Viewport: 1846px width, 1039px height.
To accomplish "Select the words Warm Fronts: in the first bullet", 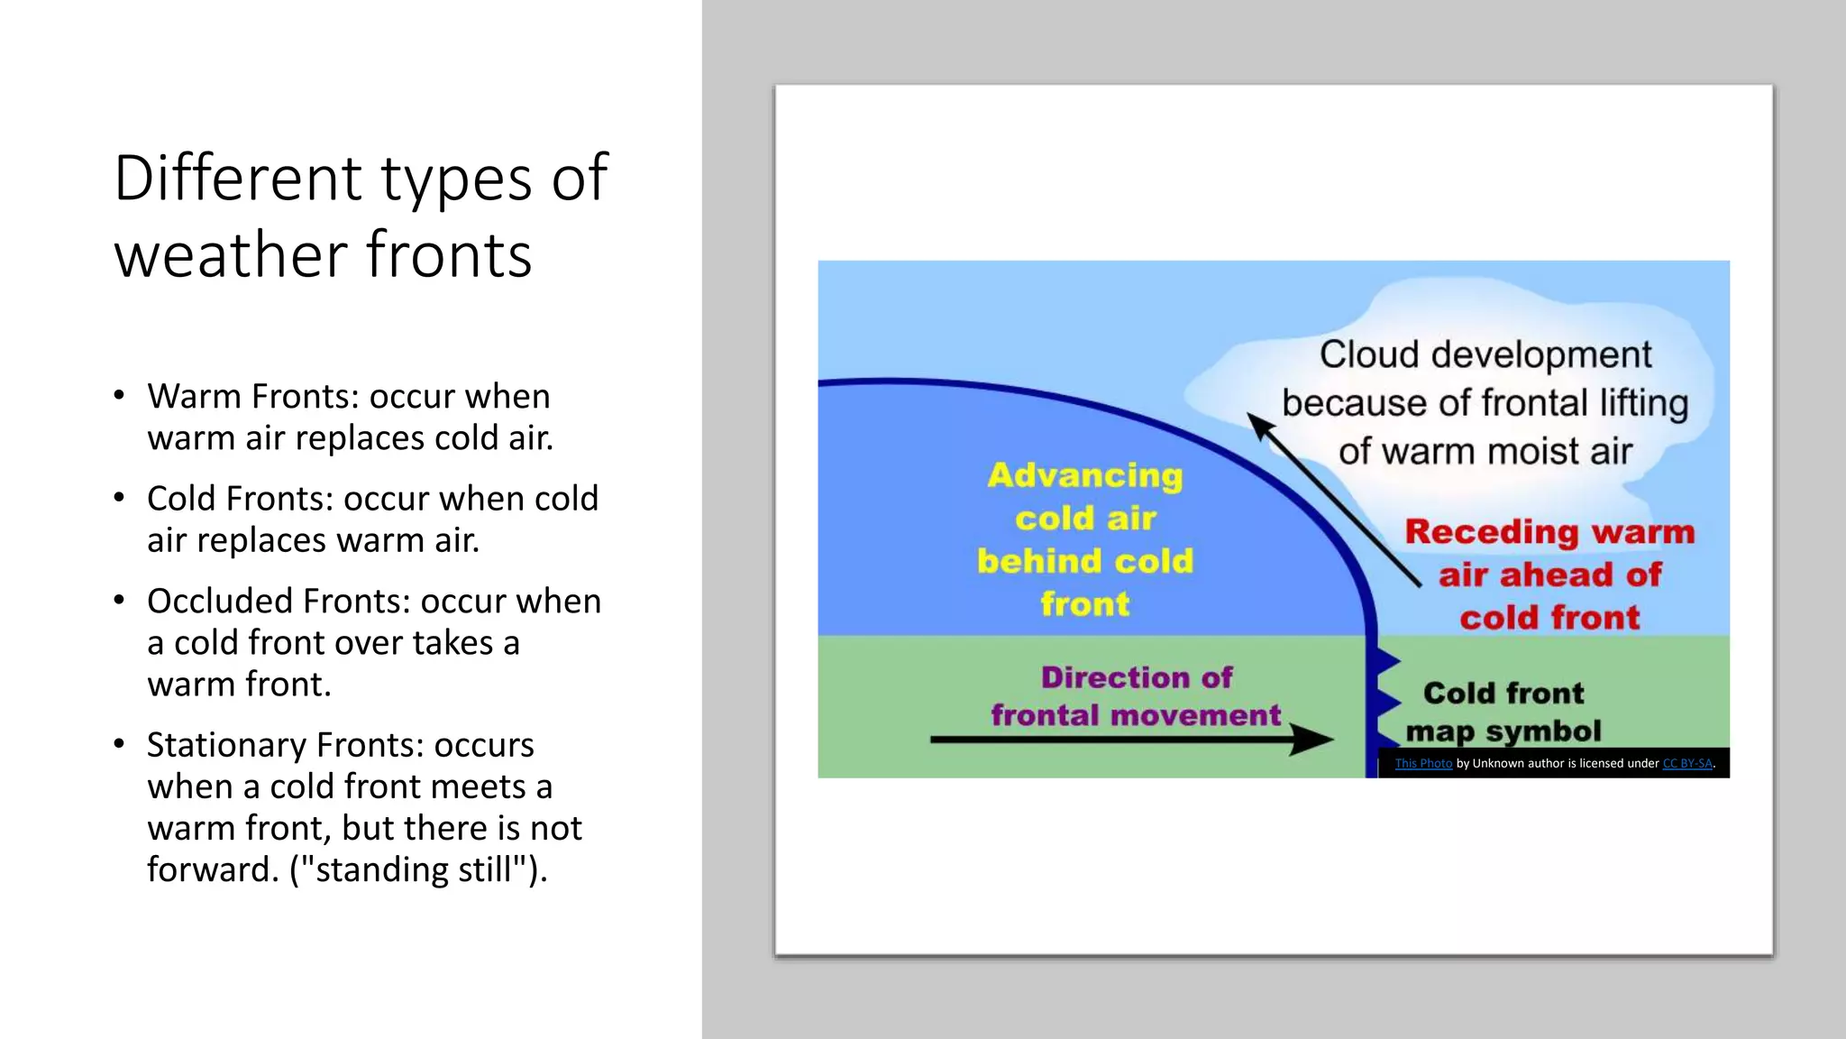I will click(252, 397).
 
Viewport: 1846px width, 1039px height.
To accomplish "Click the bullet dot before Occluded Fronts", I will click(119, 600).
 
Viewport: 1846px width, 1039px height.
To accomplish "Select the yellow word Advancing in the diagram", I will click(1085, 475).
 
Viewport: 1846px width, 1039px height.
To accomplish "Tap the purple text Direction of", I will click(1136, 677).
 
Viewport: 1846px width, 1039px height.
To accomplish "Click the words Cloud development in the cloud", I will click(1485, 354).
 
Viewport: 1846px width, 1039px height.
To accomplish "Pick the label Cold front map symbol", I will click(1503, 712).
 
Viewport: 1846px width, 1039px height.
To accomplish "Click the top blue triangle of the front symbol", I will click(1384, 661).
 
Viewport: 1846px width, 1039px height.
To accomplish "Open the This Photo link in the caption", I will click(1423, 764).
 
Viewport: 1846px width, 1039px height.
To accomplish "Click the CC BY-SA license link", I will click(1686, 764).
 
